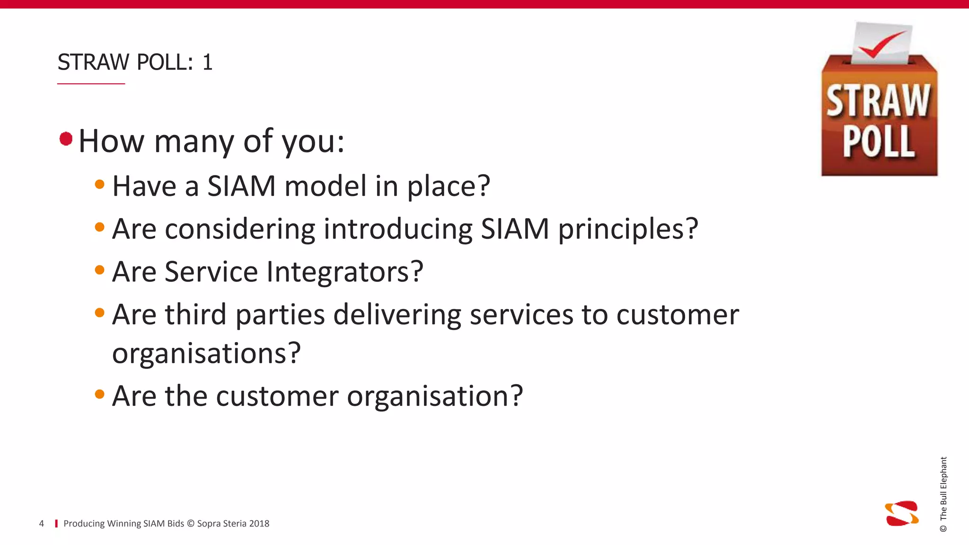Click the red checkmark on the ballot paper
click(881, 44)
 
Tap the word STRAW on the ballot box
click(878, 101)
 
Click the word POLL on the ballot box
click(878, 141)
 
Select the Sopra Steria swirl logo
click(902, 513)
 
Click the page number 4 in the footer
click(42, 524)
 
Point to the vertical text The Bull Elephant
click(943, 492)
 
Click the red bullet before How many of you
click(66, 139)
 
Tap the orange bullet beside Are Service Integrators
click(99, 270)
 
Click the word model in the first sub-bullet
click(326, 186)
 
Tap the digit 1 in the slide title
click(207, 62)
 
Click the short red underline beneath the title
click(91, 84)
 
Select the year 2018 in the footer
click(259, 524)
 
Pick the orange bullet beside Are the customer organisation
click(99, 394)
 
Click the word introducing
click(397, 229)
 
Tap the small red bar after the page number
click(56, 524)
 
